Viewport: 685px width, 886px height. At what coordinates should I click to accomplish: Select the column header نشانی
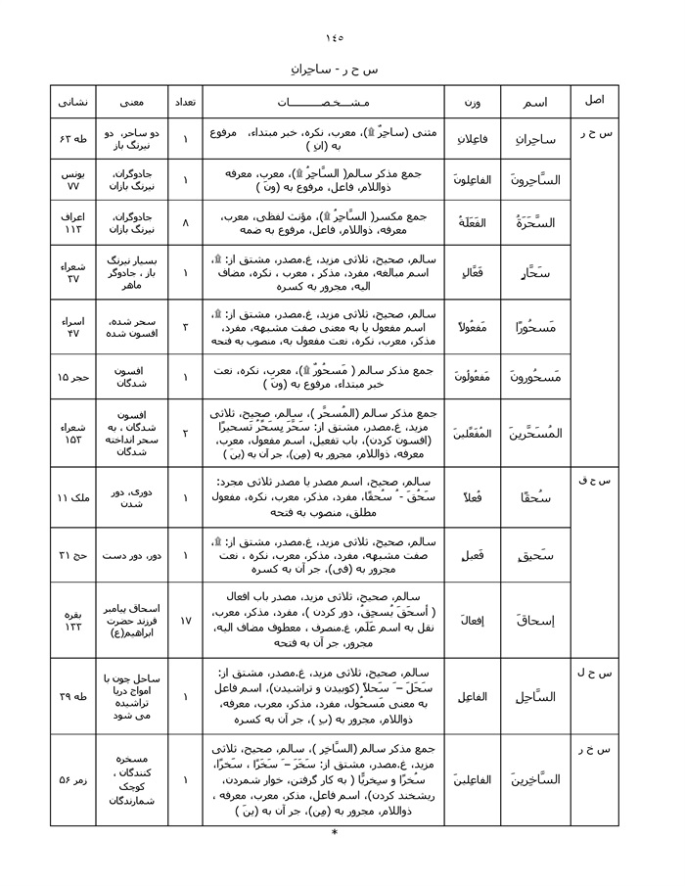click(73, 102)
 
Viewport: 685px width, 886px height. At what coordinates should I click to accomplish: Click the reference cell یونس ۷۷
click(73, 177)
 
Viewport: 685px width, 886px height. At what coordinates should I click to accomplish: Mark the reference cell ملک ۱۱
click(73, 497)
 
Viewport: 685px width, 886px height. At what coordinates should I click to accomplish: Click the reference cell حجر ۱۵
click(73, 377)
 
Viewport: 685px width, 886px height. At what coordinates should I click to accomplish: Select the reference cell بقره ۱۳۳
click(73, 619)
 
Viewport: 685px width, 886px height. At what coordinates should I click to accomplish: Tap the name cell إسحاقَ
click(535, 619)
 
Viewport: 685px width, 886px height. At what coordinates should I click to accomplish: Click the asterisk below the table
click(335, 833)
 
